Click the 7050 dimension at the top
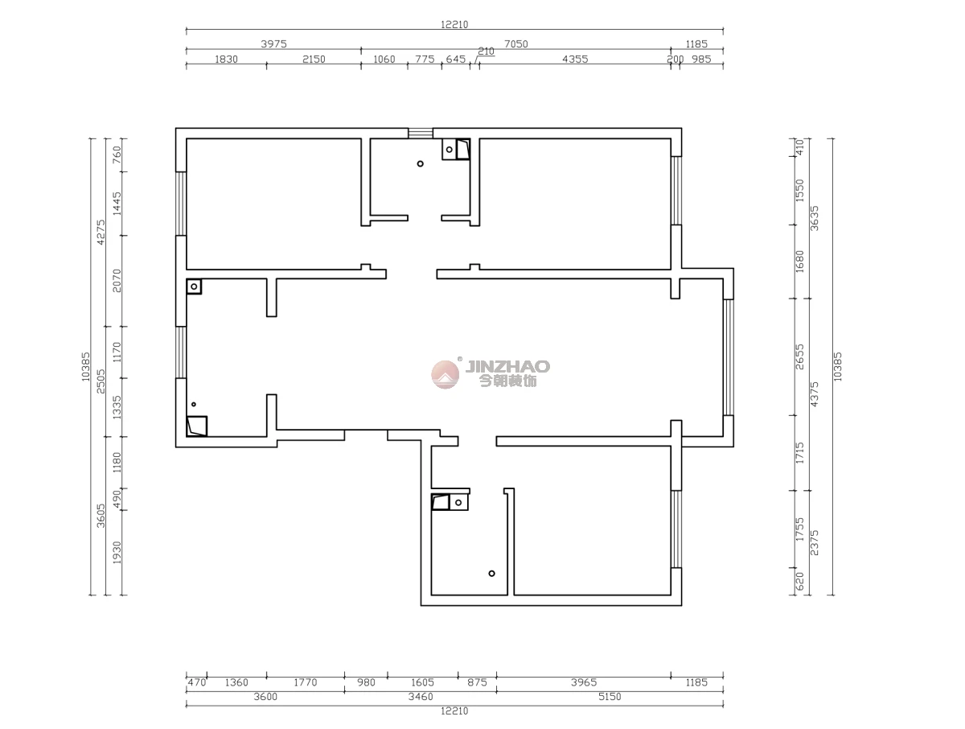tap(515, 44)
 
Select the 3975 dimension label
tap(273, 44)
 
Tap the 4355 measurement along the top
tap(575, 59)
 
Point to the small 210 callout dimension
tap(486, 51)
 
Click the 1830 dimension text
tap(226, 59)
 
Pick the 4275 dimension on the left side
tap(101, 233)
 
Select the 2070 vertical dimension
tap(117, 281)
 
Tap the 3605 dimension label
tap(101, 516)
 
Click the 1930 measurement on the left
tap(117, 553)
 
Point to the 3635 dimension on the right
tap(814, 218)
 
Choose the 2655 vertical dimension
tap(799, 356)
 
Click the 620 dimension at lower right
tap(799, 581)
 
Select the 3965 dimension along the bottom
tap(584, 682)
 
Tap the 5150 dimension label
tap(610, 697)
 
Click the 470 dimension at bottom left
tap(196, 682)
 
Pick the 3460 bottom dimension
tap(421, 697)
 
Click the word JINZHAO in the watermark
tap(507, 366)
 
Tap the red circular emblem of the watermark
tap(445, 375)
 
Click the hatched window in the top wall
tap(421, 134)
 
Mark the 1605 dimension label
tap(422, 682)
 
